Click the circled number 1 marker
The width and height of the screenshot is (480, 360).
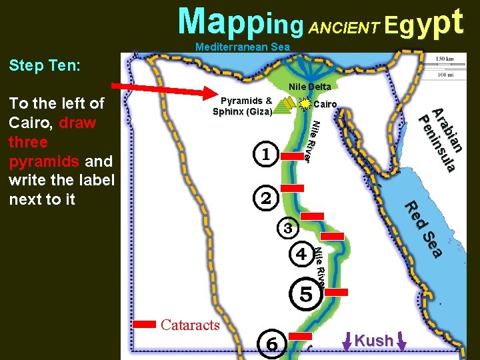coord(266,154)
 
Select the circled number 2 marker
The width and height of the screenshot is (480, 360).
coord(266,197)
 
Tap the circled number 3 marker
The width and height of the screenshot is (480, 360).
coord(287,228)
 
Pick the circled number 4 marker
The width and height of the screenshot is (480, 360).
coord(301,254)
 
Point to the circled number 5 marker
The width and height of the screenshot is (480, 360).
coord(306,293)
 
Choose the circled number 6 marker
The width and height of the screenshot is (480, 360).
coord(272,343)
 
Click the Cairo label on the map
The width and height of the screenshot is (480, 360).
coord(325,104)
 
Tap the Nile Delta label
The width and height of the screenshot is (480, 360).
coord(310,87)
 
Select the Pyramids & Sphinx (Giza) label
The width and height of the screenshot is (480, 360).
coord(242,107)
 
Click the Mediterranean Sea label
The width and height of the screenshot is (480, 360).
coord(243,47)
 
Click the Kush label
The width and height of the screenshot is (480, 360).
coord(374,340)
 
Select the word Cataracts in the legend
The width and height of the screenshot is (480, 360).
coord(190,325)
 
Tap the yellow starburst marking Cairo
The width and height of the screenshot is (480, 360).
coord(305,104)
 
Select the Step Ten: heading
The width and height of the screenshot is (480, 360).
coord(45,65)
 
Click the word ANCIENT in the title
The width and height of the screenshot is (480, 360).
coord(346,27)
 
